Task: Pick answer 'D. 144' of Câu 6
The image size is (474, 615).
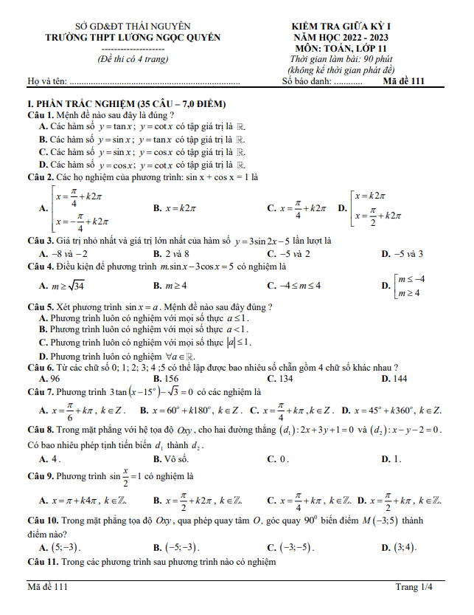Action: pos(394,379)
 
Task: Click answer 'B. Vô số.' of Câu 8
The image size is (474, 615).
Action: pos(172,458)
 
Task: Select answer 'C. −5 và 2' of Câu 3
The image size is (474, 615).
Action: pos(288,253)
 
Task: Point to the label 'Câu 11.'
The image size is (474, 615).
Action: pos(42,563)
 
